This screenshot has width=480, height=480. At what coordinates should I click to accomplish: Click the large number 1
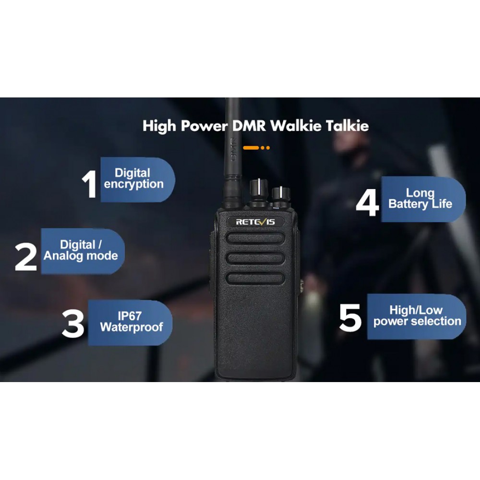click(x=90, y=184)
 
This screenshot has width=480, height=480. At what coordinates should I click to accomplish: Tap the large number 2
click(x=26, y=256)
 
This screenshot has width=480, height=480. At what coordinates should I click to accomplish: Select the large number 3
click(x=73, y=324)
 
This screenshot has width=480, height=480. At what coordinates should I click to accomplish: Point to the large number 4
click(x=367, y=203)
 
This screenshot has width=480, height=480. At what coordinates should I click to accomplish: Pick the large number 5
click(x=350, y=318)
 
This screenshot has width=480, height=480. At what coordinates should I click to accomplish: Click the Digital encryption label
click(x=133, y=179)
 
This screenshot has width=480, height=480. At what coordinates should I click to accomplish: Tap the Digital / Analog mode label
click(x=81, y=251)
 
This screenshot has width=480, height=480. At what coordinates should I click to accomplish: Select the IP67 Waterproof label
click(x=131, y=322)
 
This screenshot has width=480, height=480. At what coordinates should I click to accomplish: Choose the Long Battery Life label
click(x=420, y=199)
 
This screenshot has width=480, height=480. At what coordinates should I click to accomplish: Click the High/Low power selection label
click(x=417, y=316)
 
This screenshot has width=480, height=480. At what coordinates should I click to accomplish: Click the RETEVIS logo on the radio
click(x=255, y=222)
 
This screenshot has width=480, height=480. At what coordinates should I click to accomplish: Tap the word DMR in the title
click(x=249, y=126)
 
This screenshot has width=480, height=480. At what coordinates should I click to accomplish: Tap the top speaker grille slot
click(x=255, y=238)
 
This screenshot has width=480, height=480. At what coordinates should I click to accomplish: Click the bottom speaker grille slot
click(x=255, y=278)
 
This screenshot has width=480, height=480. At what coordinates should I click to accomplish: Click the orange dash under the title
click(x=251, y=147)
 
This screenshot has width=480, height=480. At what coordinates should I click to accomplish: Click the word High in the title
click(x=159, y=126)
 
